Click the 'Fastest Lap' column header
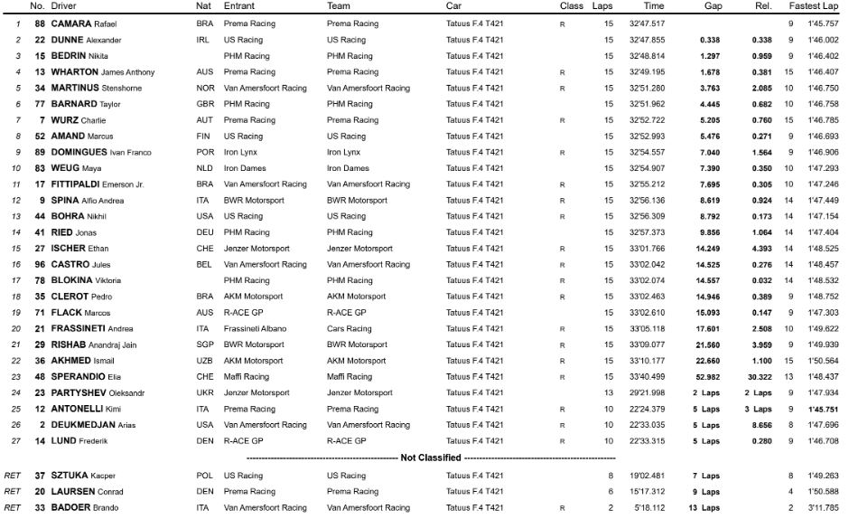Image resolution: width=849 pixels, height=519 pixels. pyautogui.click(x=812, y=6)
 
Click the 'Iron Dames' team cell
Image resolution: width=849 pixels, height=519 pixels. pyautogui.click(x=347, y=168)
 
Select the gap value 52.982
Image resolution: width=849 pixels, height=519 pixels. pyautogui.click(x=705, y=377)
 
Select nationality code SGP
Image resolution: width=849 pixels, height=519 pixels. pyautogui.click(x=205, y=344)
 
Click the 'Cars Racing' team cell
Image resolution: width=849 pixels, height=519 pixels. pyautogui.click(x=349, y=328)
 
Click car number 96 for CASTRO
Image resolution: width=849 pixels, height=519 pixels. pyautogui.click(x=40, y=264)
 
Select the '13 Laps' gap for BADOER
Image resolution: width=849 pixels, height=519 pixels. pyautogui.click(x=705, y=508)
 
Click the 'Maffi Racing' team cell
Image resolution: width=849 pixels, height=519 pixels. pyautogui.click(x=349, y=377)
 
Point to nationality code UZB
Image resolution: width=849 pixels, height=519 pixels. pyautogui.click(x=205, y=361)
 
